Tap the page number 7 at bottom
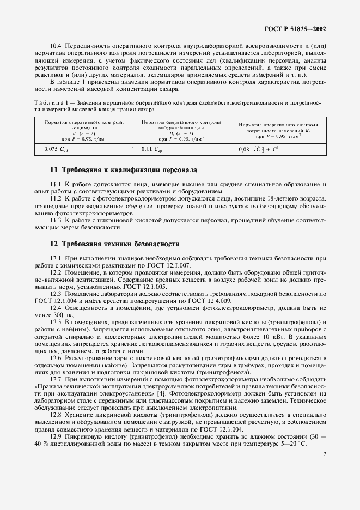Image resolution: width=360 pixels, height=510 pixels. click(325, 484)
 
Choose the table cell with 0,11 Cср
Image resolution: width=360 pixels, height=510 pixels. click(152, 148)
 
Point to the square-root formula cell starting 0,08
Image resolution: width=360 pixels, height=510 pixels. click(262, 148)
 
